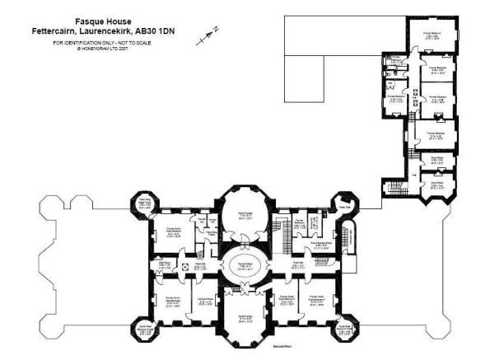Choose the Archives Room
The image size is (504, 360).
[x=204, y=302]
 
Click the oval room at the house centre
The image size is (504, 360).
[x=244, y=267]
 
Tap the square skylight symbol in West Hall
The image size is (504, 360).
[x=184, y=267]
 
